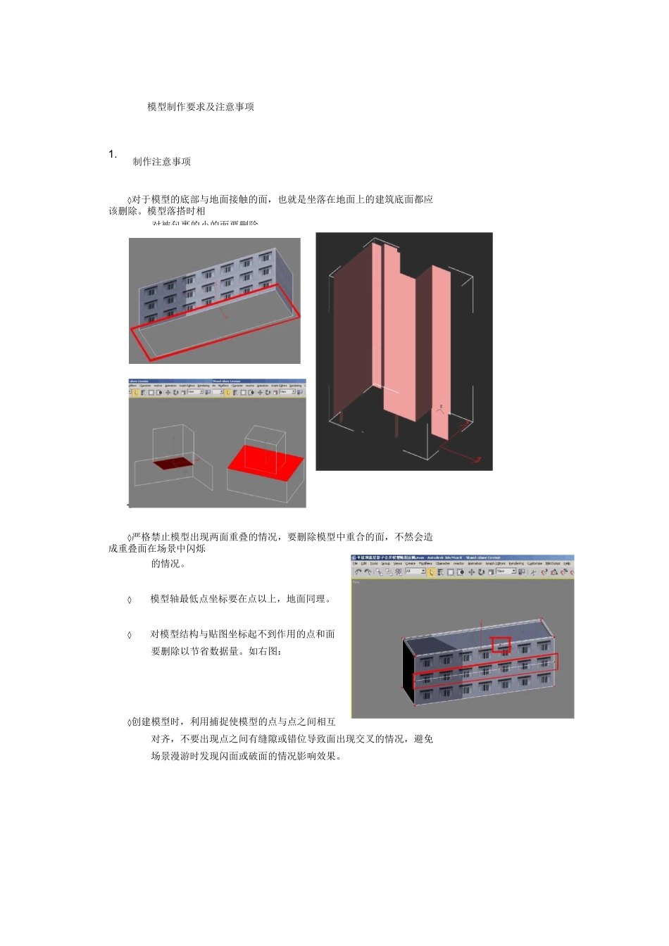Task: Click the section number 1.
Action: pos(113,154)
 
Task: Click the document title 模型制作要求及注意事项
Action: pos(201,107)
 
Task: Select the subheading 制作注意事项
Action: pos(162,162)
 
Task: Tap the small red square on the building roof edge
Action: pos(501,645)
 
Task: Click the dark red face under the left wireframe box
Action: pos(173,462)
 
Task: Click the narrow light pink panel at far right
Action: pos(440,352)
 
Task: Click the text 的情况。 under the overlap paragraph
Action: pos(168,564)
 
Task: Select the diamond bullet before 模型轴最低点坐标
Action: pos(129,600)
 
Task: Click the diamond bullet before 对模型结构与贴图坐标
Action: pos(129,635)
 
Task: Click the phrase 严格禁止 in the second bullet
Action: pos(151,537)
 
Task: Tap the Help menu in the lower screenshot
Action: pos(567,564)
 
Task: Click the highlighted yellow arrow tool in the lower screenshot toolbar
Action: pos(431,572)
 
